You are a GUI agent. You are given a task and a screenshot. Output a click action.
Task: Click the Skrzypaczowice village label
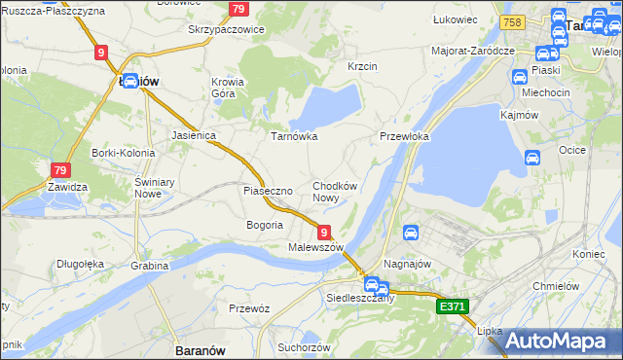click(226, 29)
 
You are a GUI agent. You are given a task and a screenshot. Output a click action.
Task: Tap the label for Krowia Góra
click(229, 89)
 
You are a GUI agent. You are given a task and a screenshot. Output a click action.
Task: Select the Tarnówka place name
click(294, 136)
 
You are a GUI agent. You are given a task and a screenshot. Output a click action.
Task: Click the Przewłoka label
click(404, 137)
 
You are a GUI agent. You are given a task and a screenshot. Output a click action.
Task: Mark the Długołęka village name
click(80, 263)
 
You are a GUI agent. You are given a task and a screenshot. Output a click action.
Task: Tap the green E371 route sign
click(453, 306)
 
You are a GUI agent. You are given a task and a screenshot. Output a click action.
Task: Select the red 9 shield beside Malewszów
click(323, 231)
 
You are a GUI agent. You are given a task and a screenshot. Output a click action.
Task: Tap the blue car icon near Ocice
click(532, 158)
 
